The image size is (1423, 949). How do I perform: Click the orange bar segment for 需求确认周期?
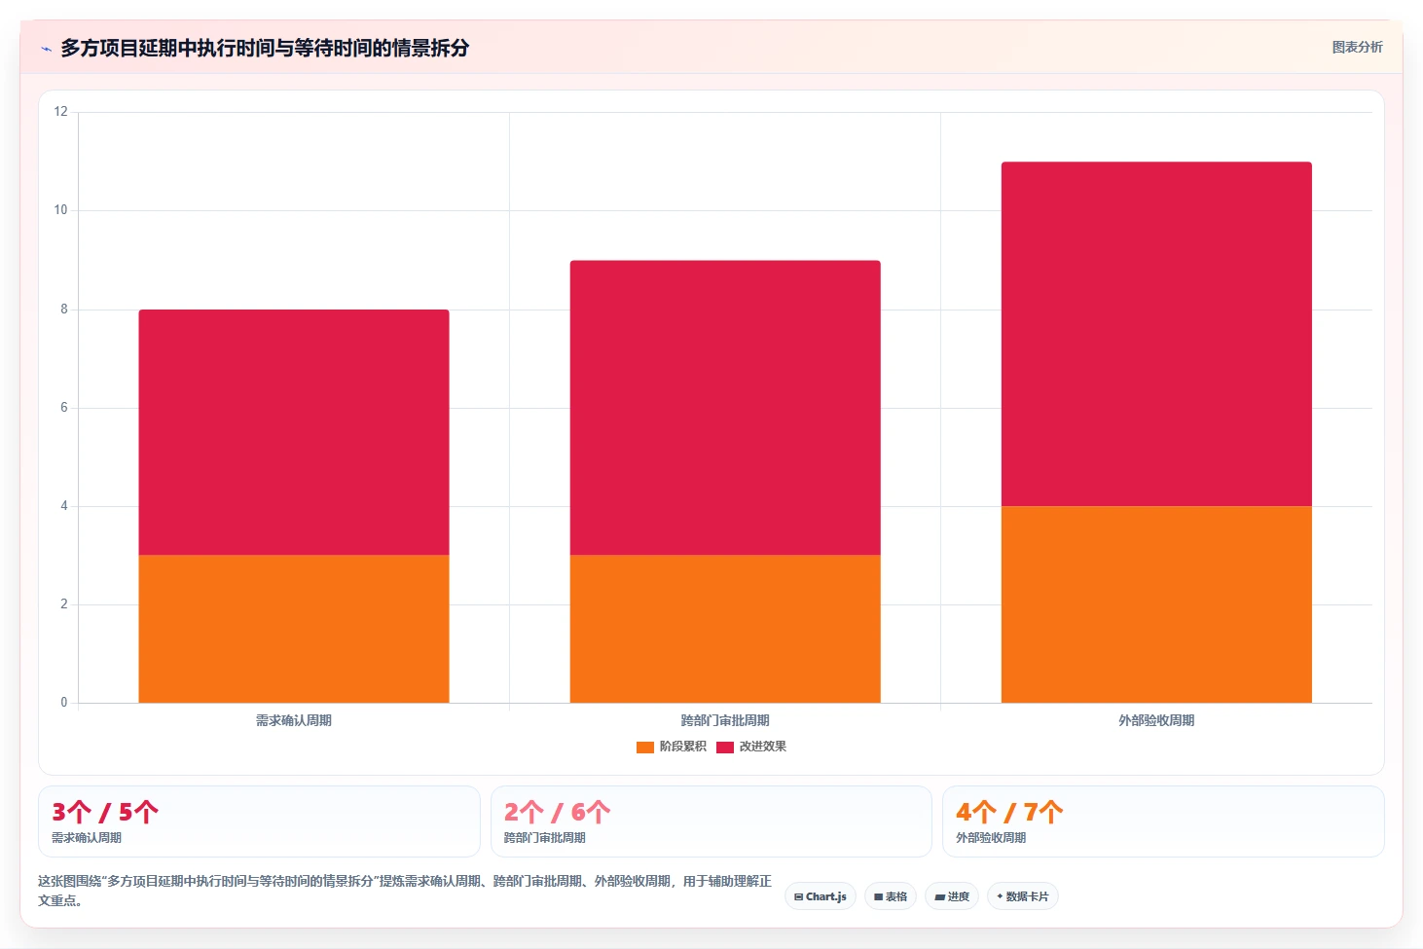click(294, 629)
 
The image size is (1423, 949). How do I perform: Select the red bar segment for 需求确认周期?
click(294, 432)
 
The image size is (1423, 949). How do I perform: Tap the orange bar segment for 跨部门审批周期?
click(725, 629)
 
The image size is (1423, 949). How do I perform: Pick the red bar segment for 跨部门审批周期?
click(725, 408)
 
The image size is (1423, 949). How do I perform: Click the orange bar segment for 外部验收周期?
click(1156, 604)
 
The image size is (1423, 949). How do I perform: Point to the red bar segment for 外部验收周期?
click(1156, 334)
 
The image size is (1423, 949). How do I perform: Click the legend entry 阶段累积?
click(672, 747)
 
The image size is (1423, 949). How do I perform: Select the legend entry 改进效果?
click(751, 747)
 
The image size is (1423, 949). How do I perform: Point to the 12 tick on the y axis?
click(61, 112)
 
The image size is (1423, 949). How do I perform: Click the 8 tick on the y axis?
click(64, 310)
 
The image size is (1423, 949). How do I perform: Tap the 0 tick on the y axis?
click(64, 703)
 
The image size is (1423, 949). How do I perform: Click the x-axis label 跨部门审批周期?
click(725, 720)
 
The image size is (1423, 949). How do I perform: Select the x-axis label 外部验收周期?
click(1156, 720)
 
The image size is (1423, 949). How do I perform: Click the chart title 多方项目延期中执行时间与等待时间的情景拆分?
click(265, 48)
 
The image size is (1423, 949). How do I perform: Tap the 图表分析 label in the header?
click(1357, 47)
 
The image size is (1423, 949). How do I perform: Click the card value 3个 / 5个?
click(105, 812)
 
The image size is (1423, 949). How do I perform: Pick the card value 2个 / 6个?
click(557, 812)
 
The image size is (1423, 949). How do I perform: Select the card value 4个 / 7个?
click(1009, 812)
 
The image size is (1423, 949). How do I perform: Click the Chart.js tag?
click(821, 896)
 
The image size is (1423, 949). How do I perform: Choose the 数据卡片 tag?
click(1022, 896)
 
